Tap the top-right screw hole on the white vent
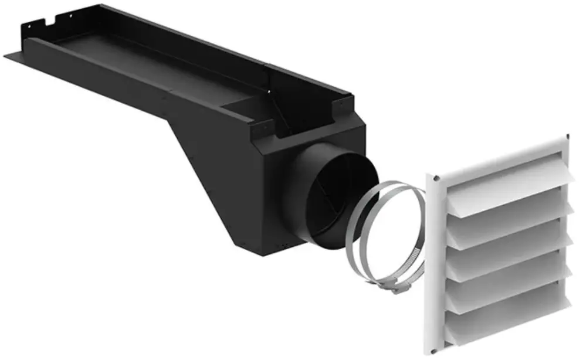point(567,138)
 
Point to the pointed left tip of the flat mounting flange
point(7,55)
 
